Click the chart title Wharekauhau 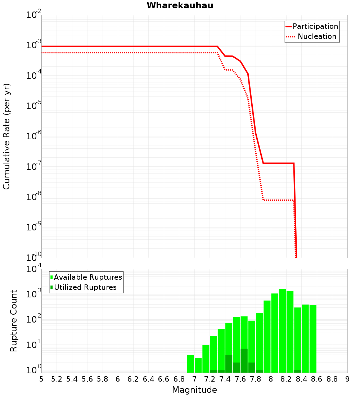pos(180,5)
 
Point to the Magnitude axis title pos(194,390)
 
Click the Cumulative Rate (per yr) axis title pos(6,136)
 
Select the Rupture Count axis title pos(14,321)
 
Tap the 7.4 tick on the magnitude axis pos(225,379)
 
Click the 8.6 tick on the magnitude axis pos(317,379)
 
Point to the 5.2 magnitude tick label pos(57,379)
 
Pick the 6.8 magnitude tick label pos(179,379)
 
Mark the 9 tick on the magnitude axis pos(347,379)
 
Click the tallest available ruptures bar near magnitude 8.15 pos(282,331)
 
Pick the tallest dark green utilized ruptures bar pos(244,360)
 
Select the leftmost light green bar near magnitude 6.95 pos(190,364)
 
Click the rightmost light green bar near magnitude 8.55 pos(313,338)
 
